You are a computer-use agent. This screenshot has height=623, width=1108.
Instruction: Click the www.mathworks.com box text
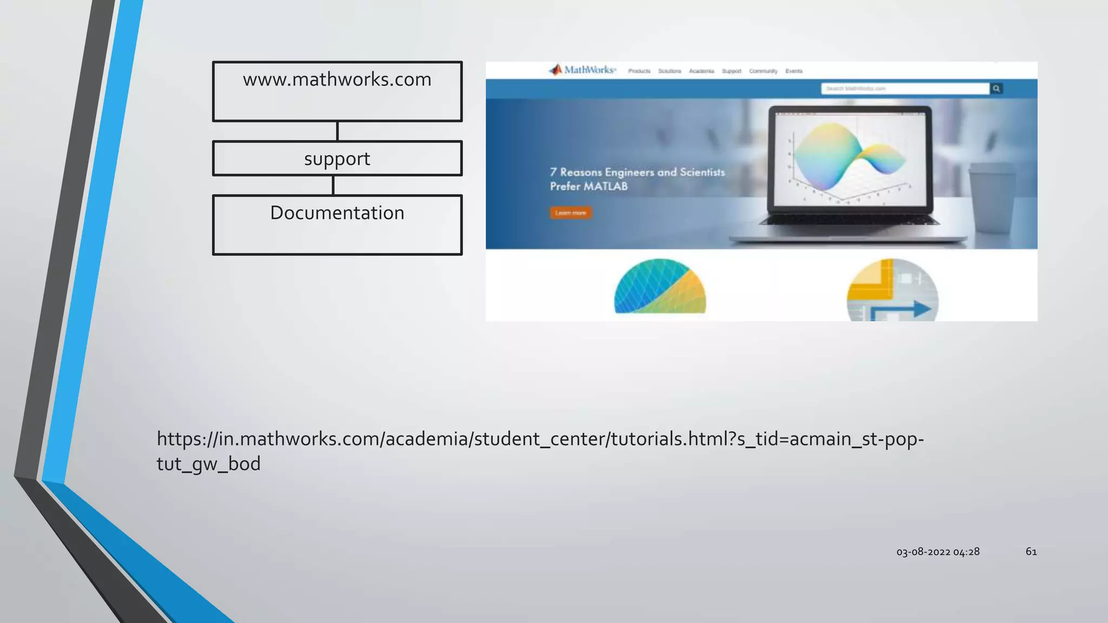[337, 79]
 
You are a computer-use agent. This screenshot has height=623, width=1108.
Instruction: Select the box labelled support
[337, 158]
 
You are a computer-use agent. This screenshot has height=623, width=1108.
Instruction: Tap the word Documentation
[337, 213]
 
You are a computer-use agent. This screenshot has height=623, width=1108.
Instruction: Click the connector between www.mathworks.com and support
[337, 131]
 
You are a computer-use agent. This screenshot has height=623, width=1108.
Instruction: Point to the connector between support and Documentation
[333, 185]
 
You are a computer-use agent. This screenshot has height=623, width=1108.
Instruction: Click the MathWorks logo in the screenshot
[583, 70]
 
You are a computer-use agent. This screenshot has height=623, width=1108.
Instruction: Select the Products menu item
[639, 71]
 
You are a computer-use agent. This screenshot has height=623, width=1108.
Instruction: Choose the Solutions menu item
[669, 71]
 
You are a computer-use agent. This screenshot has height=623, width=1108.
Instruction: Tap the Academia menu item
[701, 71]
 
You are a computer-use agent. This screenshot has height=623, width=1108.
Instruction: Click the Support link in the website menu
[731, 71]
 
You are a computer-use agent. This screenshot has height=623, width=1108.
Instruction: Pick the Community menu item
[763, 71]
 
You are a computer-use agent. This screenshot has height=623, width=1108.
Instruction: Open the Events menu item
[794, 71]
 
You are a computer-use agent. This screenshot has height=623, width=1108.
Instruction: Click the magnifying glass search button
[996, 88]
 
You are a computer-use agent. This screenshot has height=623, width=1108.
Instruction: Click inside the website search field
[905, 88]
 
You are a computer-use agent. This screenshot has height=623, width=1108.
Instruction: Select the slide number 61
[1031, 551]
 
